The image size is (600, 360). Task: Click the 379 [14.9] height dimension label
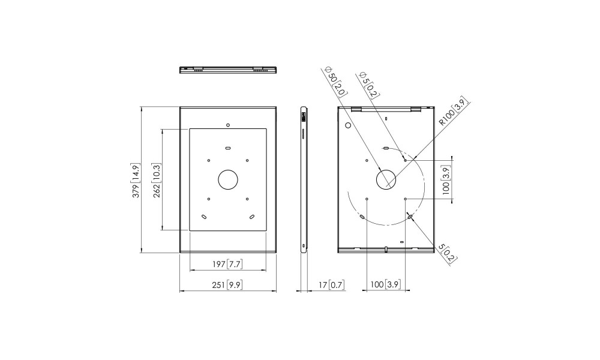[136, 180]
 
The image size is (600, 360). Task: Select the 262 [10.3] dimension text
[157, 180]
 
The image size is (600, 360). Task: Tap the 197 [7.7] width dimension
[227, 264]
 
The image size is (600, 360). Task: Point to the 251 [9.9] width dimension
[227, 285]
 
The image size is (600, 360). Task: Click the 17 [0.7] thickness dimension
[331, 284]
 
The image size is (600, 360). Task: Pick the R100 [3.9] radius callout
[454, 112]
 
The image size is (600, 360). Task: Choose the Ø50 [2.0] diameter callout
[336, 82]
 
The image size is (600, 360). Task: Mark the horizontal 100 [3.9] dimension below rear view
[385, 284]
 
